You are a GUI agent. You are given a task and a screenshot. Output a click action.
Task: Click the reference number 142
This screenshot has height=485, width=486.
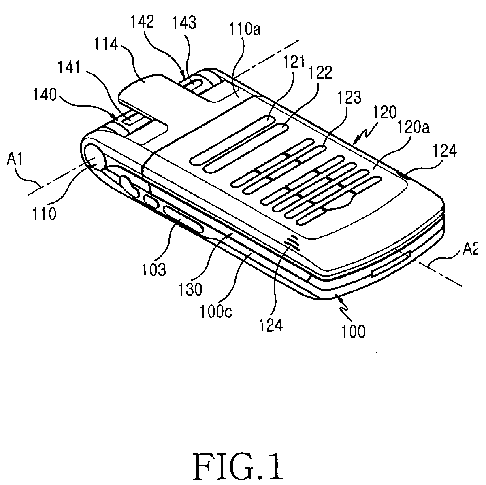pos(142,22)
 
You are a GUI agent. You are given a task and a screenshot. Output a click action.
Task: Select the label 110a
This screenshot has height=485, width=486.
pos(245,30)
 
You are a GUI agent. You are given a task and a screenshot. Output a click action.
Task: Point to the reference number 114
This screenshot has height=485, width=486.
pos(106,45)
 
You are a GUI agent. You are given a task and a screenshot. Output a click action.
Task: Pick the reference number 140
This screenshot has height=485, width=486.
pos(45,95)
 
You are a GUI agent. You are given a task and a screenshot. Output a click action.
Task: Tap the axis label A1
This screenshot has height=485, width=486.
pos(15,160)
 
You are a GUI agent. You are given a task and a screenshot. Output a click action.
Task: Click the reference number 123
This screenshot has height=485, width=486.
pos(349,97)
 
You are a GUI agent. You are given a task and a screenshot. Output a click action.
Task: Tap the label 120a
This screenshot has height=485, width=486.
pos(413,128)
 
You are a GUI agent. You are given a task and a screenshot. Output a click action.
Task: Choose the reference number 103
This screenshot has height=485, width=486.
pos(154,270)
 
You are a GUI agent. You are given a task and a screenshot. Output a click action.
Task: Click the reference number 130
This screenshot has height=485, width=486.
pos(190,289)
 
